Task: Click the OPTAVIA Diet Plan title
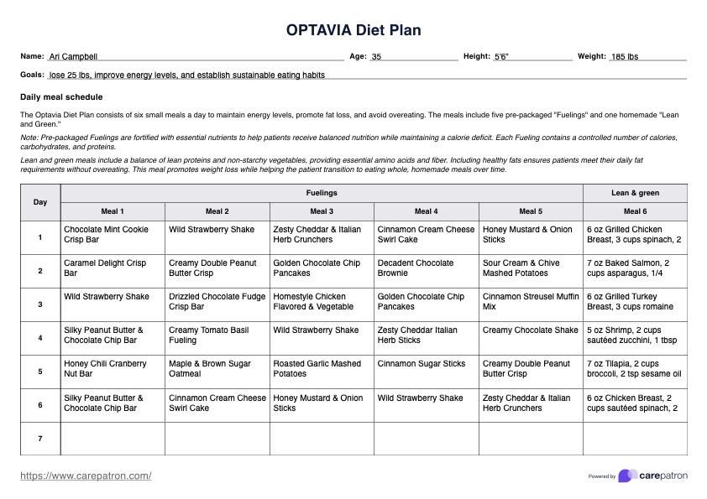(x=353, y=31)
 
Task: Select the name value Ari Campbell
(x=74, y=57)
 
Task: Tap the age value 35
(x=376, y=57)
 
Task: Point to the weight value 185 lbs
(x=624, y=57)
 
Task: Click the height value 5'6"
(x=501, y=57)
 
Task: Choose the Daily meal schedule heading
(x=61, y=97)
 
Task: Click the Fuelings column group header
(x=322, y=193)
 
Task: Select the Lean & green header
(x=635, y=193)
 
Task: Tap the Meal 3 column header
(x=322, y=211)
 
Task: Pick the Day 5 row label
(x=40, y=372)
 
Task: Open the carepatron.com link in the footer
(x=86, y=476)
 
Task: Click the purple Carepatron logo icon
(x=626, y=476)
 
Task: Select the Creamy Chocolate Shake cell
(x=530, y=330)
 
